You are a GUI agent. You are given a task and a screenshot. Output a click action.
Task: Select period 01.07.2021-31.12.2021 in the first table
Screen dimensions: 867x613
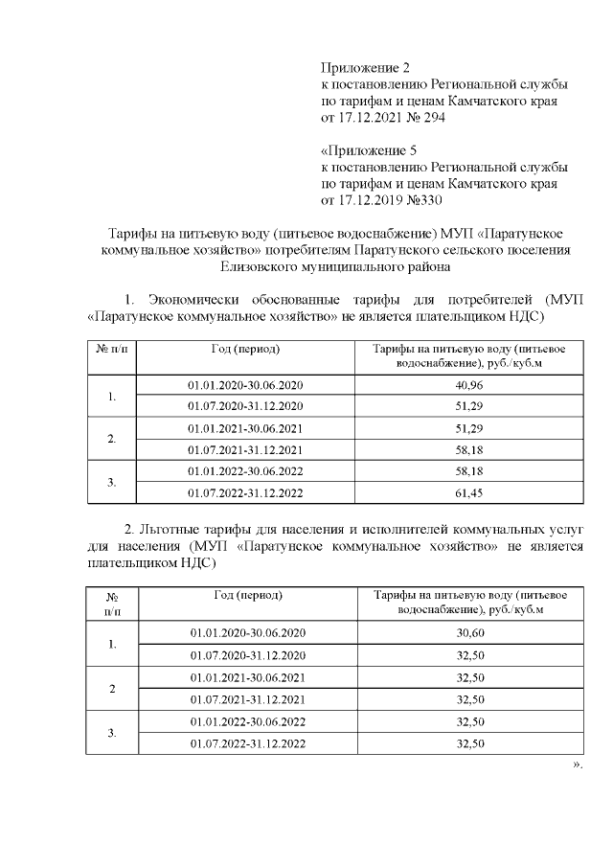[x=246, y=449]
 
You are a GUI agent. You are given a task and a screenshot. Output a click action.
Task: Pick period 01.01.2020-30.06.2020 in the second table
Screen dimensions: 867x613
[x=248, y=633]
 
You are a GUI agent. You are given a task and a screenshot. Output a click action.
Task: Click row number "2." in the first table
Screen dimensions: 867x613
[x=112, y=439]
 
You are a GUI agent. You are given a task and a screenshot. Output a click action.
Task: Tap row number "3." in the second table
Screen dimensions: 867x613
[x=112, y=733]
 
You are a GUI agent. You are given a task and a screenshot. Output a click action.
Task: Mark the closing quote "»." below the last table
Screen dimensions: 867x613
[x=577, y=766]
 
